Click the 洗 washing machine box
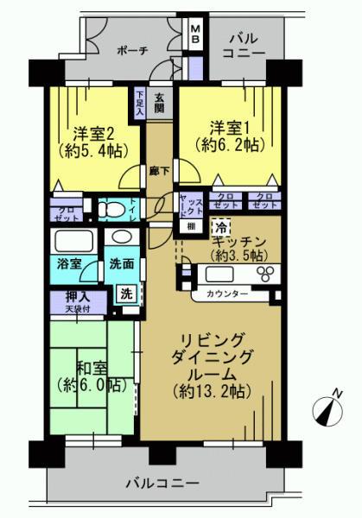(126, 293)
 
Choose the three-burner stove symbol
(265, 275)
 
